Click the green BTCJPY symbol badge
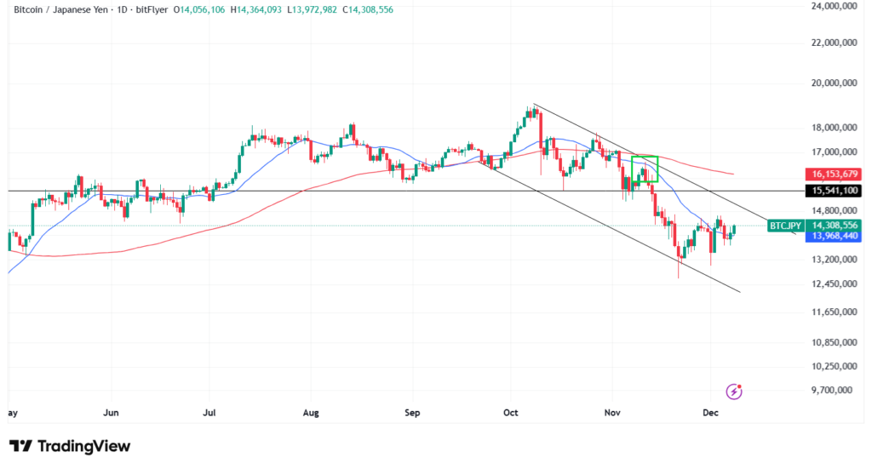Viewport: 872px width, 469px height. [x=784, y=226]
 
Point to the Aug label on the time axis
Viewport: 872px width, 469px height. [x=311, y=413]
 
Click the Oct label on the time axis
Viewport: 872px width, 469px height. [x=511, y=413]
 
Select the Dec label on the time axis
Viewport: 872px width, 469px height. [x=712, y=413]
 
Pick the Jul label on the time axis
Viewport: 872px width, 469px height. [x=209, y=413]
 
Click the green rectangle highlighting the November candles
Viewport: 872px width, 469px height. [x=645, y=169]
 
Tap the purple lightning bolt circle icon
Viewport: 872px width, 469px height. [x=733, y=392]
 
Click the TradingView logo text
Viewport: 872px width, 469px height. [x=83, y=446]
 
